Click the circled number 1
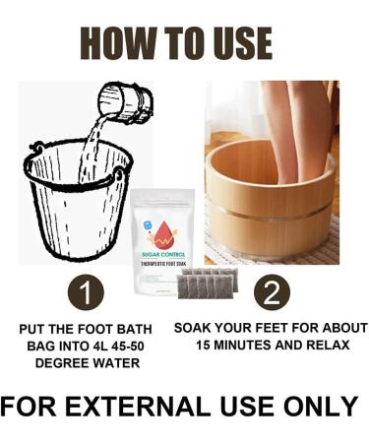[x=86, y=292]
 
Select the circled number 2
[x=272, y=292]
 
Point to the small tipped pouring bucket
[x=126, y=100]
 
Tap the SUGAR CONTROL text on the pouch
[x=163, y=255]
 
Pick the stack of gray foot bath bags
[x=208, y=283]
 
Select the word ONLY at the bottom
[x=321, y=407]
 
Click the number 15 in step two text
[x=203, y=346]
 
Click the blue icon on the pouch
[x=149, y=226]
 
